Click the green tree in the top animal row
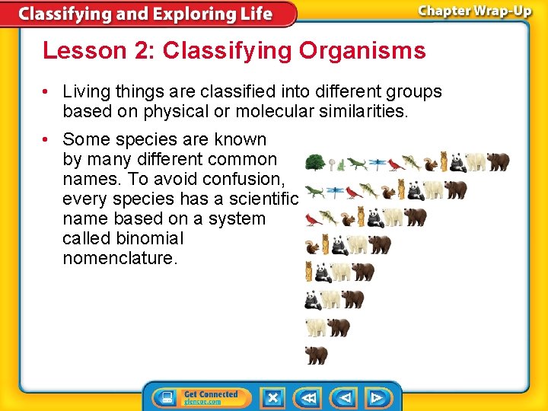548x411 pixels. (x=315, y=162)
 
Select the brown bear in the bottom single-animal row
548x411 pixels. (x=316, y=355)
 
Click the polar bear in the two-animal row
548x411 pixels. (x=316, y=327)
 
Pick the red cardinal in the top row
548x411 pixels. (x=395, y=164)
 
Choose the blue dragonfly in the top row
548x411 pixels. (x=378, y=163)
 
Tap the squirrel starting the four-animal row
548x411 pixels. (x=311, y=245)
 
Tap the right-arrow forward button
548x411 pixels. (x=377, y=397)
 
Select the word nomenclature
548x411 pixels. (x=120, y=258)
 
